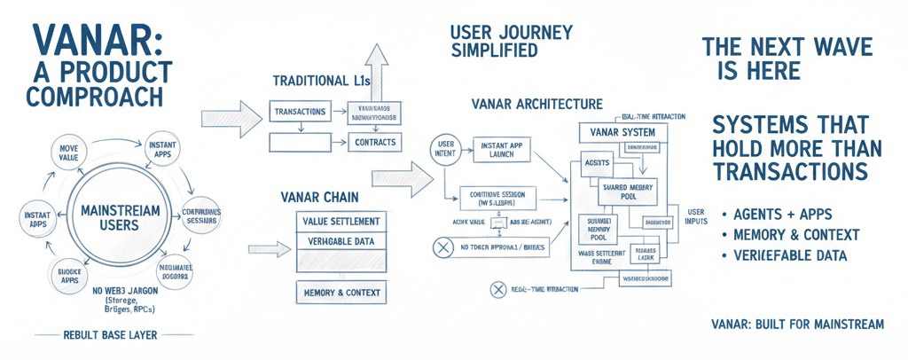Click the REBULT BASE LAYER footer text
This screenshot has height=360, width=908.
pos(110,335)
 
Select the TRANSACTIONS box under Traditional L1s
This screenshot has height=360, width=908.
pos(301,113)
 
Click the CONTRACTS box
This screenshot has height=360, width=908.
pos(373,142)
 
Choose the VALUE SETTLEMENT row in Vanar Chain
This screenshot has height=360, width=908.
pos(342,221)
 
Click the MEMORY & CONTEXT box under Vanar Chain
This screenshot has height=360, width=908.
pos(342,293)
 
